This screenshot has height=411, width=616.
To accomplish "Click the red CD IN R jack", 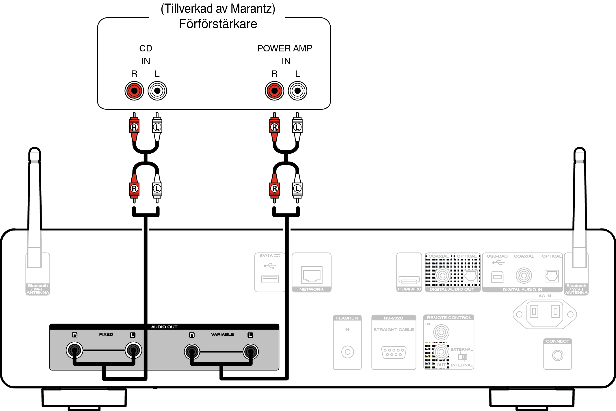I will click(x=134, y=91).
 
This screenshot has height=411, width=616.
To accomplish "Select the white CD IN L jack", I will click(x=157, y=91).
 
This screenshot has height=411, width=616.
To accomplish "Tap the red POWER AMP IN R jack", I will click(x=274, y=91).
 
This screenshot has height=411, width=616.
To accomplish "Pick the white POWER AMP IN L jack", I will click(x=297, y=91).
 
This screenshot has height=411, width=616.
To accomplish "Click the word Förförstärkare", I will click(x=218, y=24).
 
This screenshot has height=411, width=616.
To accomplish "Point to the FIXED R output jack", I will click(x=75, y=350).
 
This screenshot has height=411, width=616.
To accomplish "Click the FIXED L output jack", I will click(x=133, y=350).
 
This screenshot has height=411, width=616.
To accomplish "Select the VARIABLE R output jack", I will click(x=192, y=352).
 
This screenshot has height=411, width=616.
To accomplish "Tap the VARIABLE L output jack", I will click(x=250, y=352).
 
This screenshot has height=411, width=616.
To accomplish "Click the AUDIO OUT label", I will click(x=164, y=327).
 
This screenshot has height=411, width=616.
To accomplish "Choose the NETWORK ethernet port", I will click(x=311, y=275).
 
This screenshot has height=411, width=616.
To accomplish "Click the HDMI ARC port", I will click(x=409, y=280).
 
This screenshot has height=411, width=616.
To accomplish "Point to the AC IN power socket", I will click(x=545, y=314).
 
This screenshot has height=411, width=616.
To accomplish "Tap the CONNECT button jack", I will click(x=557, y=355).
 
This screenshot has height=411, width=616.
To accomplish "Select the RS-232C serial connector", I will click(x=394, y=352).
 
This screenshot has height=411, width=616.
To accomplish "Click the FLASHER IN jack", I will click(x=347, y=352).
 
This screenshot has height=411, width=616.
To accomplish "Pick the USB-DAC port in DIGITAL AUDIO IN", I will click(x=497, y=277).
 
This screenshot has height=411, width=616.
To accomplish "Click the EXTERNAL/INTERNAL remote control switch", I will click(x=462, y=357).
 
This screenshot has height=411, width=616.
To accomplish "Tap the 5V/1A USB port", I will click(x=270, y=279).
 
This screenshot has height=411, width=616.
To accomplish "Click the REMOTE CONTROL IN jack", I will click(x=441, y=332).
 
